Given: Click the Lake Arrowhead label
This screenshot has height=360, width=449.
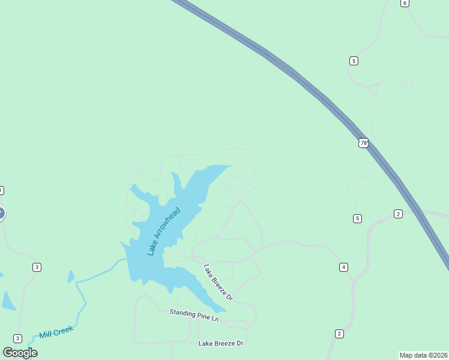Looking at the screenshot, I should tap(164, 232).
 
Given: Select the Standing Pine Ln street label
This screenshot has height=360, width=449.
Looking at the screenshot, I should tap(194, 315).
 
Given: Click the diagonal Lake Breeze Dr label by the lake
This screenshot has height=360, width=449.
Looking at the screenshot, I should tap(218, 282).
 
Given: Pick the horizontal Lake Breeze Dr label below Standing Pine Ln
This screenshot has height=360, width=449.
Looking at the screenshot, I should tap(220, 343).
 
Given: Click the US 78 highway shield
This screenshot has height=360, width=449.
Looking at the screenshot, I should tap(363, 143).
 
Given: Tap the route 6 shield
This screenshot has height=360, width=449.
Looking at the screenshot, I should tap(405, 3).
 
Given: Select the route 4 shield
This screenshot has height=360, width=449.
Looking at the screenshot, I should tap(343, 267).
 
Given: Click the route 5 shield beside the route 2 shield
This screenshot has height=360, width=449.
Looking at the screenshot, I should tap(358, 218).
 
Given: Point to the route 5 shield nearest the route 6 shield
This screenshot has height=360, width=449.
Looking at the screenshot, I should tap(354, 61).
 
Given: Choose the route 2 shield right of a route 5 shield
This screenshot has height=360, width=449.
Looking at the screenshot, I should tap(398, 214).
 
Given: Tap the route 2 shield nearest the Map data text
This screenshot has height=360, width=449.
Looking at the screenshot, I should tap(339, 334).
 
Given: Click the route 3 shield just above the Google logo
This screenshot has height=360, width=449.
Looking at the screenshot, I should tap(17, 338).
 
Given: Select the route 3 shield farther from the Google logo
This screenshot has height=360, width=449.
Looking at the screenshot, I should tap(37, 267).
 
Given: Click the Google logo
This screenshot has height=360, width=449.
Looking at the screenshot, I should tap(20, 353).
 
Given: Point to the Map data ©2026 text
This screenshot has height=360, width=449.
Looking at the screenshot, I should tap(423, 355).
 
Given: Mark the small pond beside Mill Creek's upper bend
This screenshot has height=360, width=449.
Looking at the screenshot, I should tap(71, 277).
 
